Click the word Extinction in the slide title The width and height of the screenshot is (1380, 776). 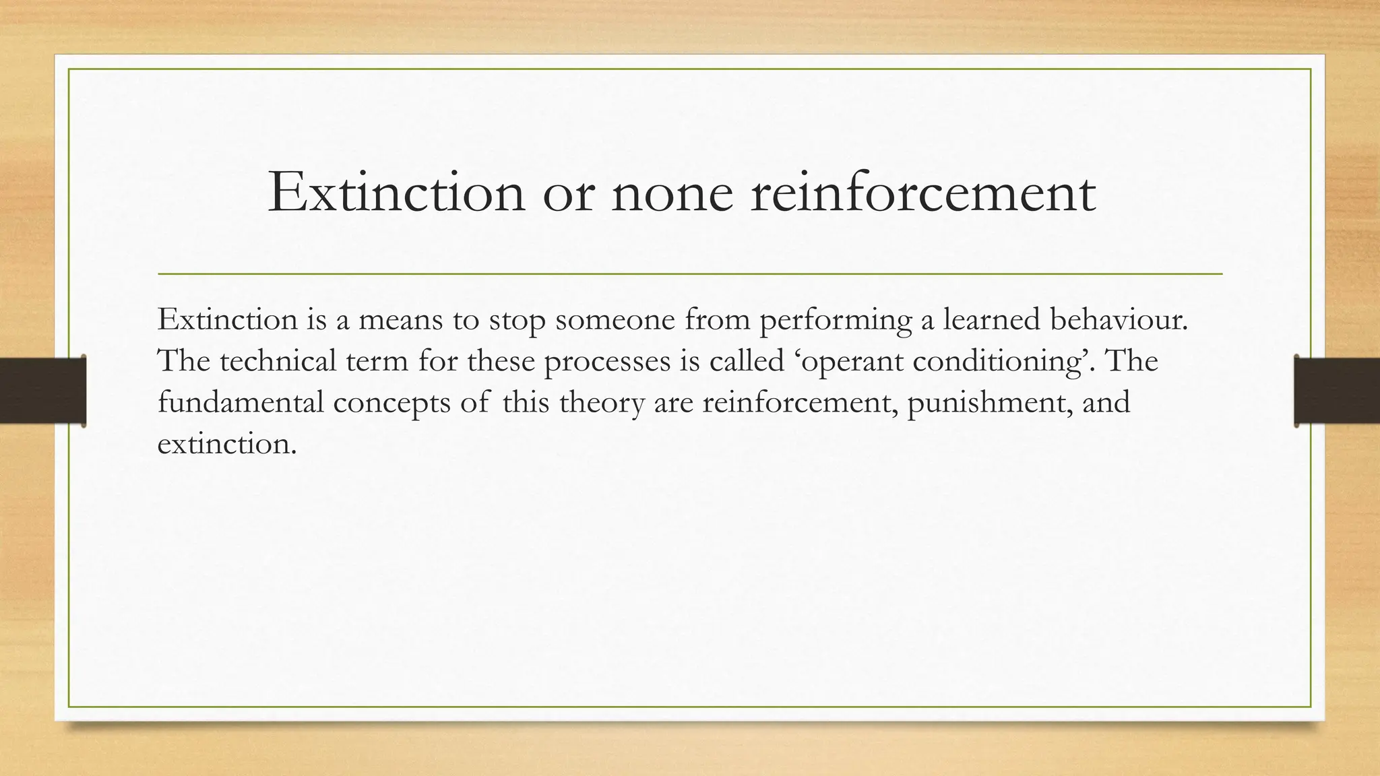click(x=396, y=193)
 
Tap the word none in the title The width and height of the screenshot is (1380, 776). click(x=672, y=194)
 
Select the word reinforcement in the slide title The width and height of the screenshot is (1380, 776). click(x=922, y=193)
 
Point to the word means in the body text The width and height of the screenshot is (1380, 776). click(x=400, y=319)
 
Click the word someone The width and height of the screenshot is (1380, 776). click(x=615, y=319)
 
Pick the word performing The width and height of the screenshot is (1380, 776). click(x=836, y=321)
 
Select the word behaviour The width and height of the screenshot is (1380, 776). click(x=1119, y=319)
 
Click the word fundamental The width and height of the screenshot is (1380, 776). click(x=241, y=403)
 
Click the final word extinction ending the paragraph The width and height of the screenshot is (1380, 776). click(x=226, y=445)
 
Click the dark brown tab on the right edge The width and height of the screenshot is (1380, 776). click(x=1337, y=391)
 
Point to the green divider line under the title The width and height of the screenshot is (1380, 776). click(x=690, y=274)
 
